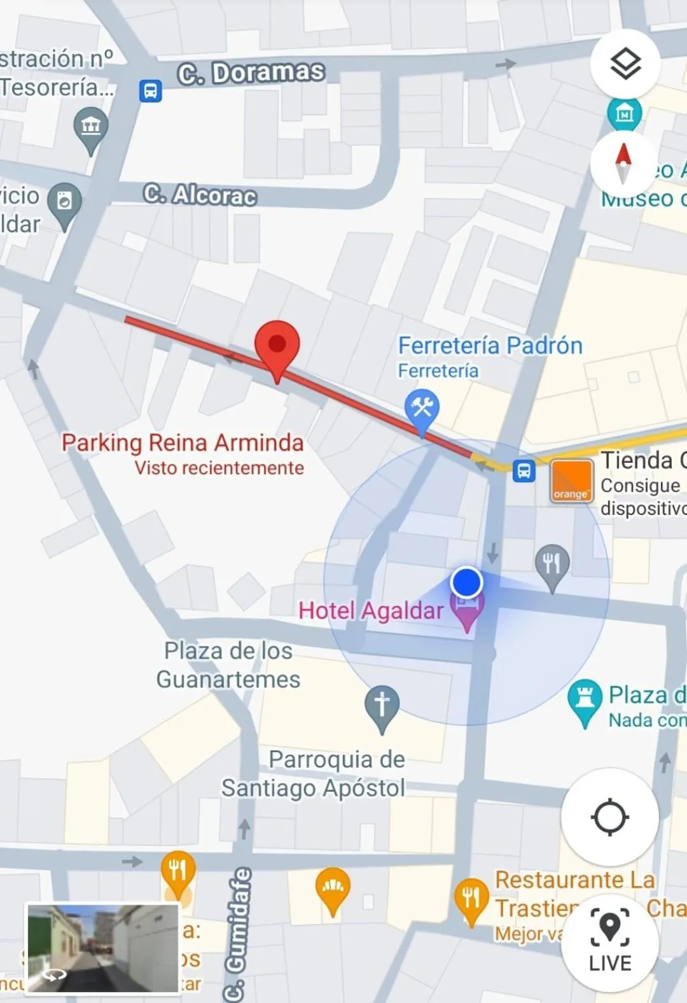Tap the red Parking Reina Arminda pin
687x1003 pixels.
[x=277, y=346]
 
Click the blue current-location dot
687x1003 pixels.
[x=467, y=582]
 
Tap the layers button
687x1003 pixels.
[x=625, y=64]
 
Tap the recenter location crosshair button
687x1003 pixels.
[x=609, y=817]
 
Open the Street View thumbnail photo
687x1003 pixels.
[x=102, y=948]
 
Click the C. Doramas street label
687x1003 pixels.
[x=251, y=73]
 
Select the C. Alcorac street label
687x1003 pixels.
[x=200, y=195]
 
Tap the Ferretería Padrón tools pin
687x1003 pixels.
[x=421, y=408]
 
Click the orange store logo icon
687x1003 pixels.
[x=571, y=481]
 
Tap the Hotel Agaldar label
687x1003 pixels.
[x=371, y=611]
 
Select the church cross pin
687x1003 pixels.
[x=382, y=706]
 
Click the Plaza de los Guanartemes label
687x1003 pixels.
[x=228, y=665]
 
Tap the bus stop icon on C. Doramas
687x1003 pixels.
[x=151, y=90]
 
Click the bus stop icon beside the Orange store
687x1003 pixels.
[x=524, y=472]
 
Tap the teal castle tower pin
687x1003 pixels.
[x=585, y=699]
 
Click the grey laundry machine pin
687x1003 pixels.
[x=64, y=202]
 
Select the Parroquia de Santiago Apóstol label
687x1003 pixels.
[x=313, y=773]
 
